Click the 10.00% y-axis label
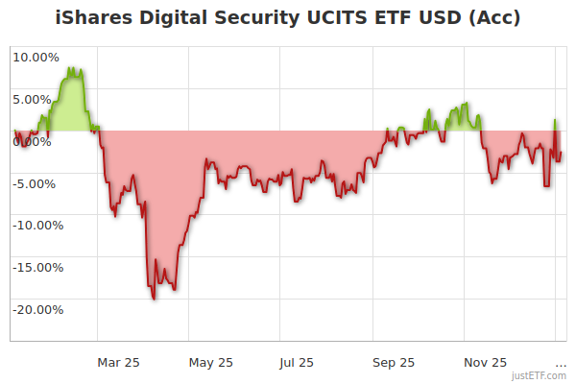pos(36,57)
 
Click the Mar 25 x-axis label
pos(119,362)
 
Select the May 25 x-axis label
pos(211,362)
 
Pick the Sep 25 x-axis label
pos(394,362)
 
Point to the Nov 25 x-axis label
pos(486,362)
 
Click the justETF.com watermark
pos(539,376)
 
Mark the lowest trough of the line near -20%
pos(155,299)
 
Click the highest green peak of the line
pos(72,68)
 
